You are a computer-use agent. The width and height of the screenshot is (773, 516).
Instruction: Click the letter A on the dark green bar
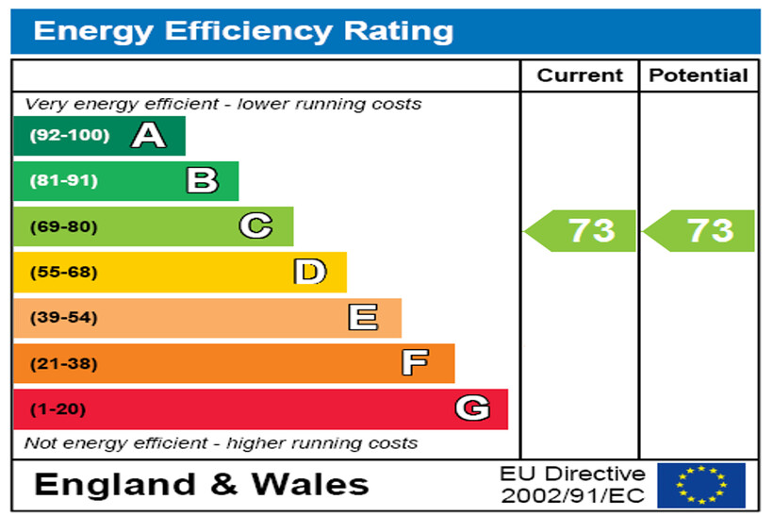pos(148,136)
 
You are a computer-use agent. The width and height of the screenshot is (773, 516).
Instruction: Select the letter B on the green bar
pos(202,180)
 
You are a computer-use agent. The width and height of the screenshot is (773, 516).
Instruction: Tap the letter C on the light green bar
pos(255,226)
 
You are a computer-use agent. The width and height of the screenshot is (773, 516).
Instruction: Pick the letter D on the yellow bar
pos(309,273)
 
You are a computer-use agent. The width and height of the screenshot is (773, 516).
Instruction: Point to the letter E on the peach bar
pos(363,318)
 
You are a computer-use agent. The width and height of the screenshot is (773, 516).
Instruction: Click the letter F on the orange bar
pos(415,363)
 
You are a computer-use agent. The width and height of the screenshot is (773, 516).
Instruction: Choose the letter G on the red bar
pos(471,408)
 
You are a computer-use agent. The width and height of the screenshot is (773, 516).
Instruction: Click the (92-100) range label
pos(69,135)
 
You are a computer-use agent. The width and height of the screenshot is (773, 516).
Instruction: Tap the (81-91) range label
pos(63,180)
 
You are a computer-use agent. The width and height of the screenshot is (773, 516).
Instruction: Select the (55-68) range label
pos(63,273)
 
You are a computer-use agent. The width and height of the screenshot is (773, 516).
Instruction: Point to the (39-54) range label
pos(63,318)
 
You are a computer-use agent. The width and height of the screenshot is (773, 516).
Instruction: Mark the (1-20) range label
pos(58,409)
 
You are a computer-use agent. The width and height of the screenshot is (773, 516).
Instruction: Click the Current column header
pos(580,75)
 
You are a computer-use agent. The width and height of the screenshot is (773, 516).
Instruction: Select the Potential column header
pos(699,75)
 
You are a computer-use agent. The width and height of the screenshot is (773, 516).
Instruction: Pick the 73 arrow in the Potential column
pos(701,230)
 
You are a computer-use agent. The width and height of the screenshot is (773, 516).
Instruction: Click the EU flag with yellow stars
pos(700,485)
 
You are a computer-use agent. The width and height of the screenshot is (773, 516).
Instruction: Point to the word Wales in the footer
pos(310,485)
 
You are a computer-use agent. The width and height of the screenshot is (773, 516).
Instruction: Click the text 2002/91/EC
pos(573,495)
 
